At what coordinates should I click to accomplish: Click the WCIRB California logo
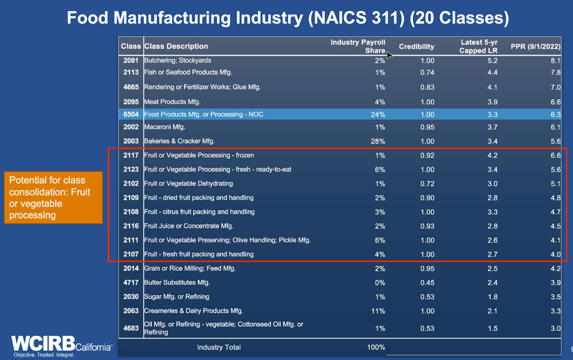point(61,343)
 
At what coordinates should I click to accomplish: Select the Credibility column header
point(417,46)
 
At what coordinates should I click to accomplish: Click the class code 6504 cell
point(131,115)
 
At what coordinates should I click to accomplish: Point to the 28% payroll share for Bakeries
point(378,141)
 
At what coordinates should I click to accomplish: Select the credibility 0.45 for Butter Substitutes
point(425,283)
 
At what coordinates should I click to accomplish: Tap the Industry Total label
point(219,347)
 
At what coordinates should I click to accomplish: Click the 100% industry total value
point(376,347)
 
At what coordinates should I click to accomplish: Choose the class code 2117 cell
point(131,155)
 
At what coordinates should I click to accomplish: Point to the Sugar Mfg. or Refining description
point(176,296)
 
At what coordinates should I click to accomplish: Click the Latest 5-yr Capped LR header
point(479,46)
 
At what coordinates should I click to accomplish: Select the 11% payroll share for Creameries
point(378,311)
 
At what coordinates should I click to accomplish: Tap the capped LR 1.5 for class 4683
point(491,328)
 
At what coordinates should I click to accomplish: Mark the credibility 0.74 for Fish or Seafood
point(425,72)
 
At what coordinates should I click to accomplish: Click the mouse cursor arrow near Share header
point(390,55)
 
